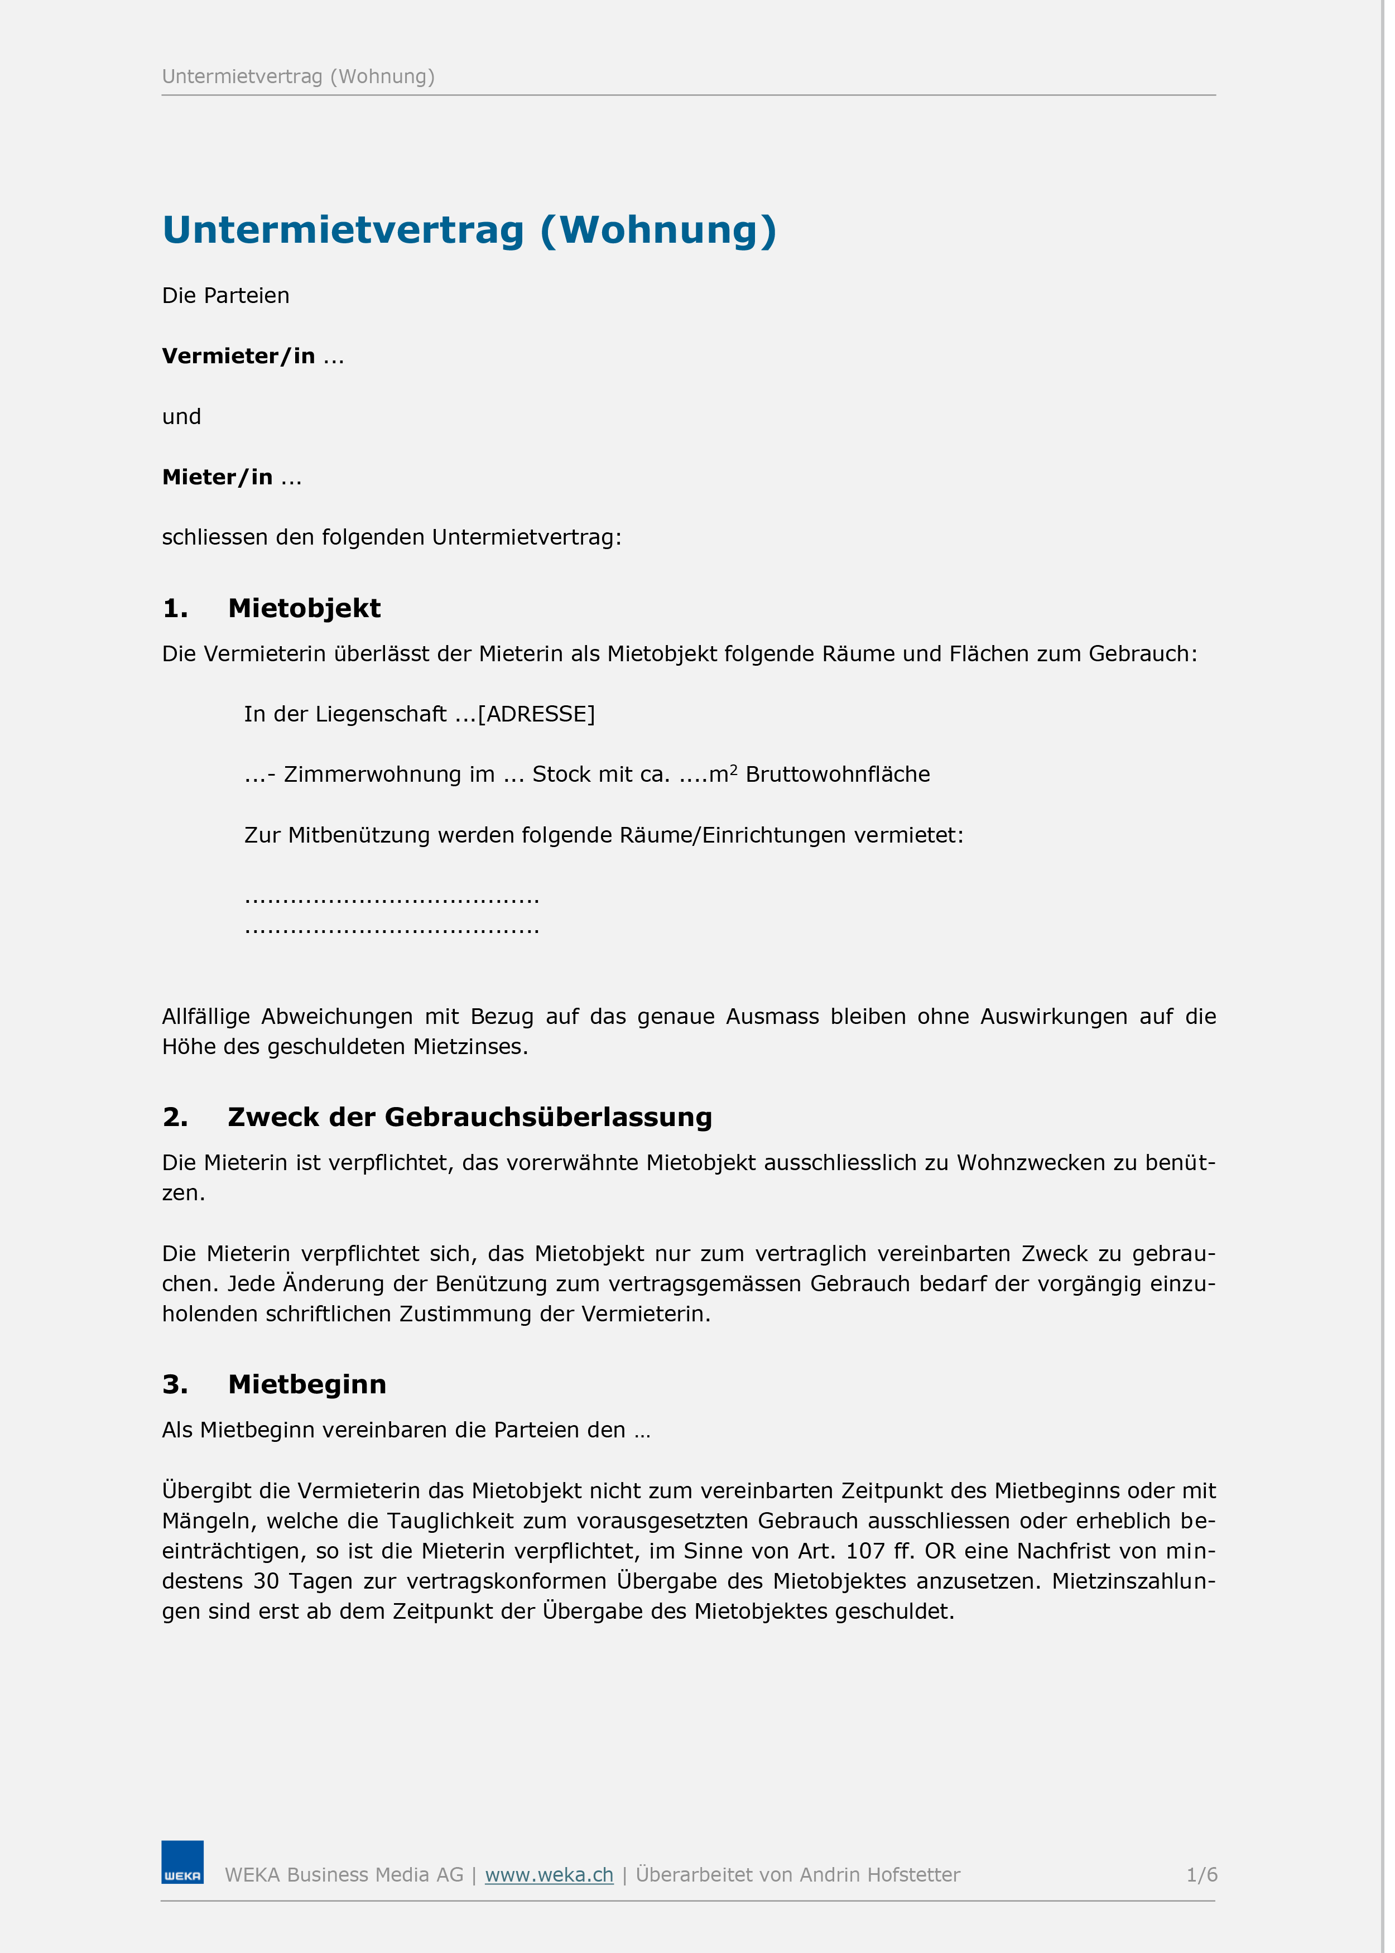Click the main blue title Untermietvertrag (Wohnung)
point(469,230)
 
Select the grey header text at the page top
point(298,76)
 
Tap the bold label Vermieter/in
point(238,355)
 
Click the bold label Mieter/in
point(217,477)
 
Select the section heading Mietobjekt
point(304,608)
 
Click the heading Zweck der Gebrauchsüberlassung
point(470,1117)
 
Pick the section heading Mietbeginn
point(307,1384)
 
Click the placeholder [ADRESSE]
point(536,714)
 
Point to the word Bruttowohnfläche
point(838,774)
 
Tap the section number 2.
point(174,1117)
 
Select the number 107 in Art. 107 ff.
point(865,1550)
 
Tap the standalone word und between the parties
point(181,416)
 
